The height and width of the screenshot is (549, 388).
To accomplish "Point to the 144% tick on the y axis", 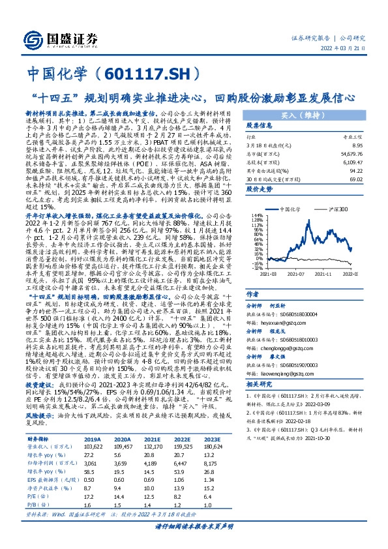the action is (256, 215).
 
